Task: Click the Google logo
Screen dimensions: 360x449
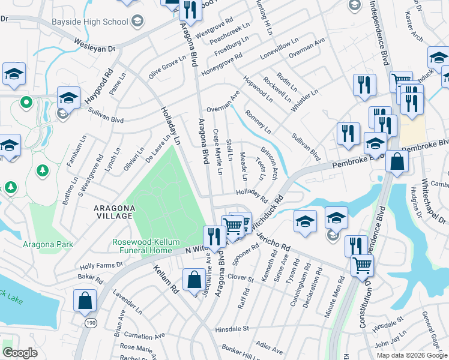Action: [20, 353]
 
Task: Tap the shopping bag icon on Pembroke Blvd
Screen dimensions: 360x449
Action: [397, 161]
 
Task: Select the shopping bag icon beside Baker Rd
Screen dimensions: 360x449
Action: [85, 301]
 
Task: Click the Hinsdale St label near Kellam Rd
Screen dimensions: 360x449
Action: [231, 329]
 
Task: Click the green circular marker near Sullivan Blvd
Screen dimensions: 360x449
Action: [26, 103]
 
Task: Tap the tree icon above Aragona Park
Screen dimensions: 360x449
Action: [43, 171]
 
